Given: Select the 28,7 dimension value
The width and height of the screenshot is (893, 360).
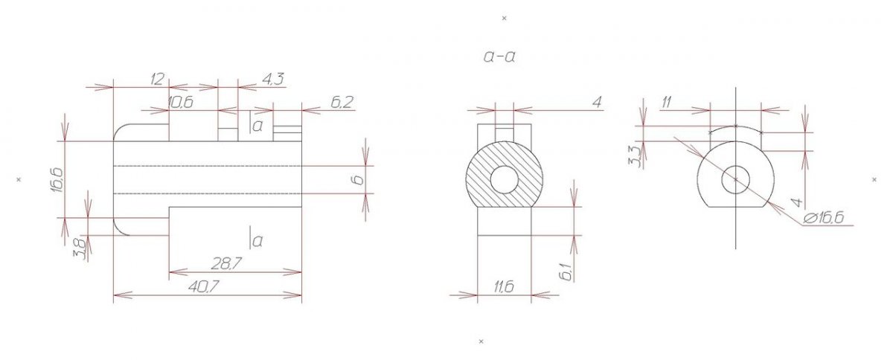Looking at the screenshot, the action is (x=226, y=263).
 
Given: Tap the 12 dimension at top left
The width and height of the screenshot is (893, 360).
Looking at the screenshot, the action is (x=157, y=80).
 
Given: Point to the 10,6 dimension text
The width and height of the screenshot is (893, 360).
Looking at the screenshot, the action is (x=181, y=103).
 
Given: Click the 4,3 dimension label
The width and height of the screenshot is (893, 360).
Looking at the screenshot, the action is (x=273, y=80).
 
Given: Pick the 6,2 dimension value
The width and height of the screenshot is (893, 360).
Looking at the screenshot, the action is (x=342, y=103).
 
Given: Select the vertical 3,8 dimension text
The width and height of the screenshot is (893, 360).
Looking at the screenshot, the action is (x=81, y=249).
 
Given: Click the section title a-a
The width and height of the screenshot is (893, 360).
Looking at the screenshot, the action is (x=499, y=57).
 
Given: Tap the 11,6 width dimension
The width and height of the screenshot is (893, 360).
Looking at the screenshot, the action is (x=504, y=286).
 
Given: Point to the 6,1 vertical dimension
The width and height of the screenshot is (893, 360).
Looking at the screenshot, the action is (x=566, y=273).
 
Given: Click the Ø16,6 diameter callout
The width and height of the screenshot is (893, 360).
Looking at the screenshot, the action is (x=823, y=218).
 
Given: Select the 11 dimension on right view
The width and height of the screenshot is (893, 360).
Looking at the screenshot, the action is (x=667, y=103).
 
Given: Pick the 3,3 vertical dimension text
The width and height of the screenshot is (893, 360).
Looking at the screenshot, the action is (x=635, y=156).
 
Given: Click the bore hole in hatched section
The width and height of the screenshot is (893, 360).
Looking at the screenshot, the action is (x=504, y=179).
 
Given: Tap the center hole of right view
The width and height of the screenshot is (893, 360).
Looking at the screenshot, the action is (x=735, y=179).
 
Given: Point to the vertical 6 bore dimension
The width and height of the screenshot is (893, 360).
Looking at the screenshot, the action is (x=359, y=180).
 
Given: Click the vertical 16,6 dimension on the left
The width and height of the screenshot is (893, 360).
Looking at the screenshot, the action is (x=57, y=180).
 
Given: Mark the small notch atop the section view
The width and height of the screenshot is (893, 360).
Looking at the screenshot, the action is (x=505, y=135).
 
